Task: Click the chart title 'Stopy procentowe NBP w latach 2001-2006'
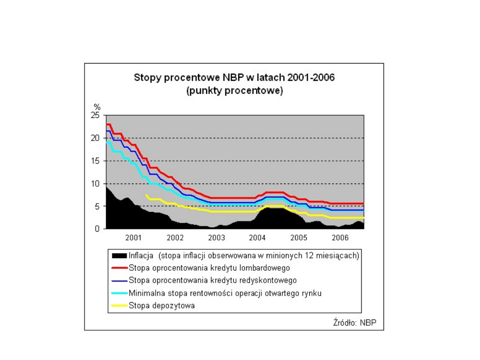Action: (x=234, y=78)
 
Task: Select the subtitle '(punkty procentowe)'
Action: (x=234, y=91)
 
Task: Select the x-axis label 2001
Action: (x=133, y=238)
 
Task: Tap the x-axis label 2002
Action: (x=175, y=238)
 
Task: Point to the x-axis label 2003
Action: (x=216, y=238)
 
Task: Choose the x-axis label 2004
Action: (x=257, y=238)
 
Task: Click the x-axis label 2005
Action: (x=299, y=238)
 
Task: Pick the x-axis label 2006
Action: (x=340, y=238)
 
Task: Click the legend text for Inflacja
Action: (x=244, y=256)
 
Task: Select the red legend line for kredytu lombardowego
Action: (x=120, y=268)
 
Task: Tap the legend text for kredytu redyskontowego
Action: (x=213, y=280)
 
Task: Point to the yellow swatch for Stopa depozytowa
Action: (x=120, y=306)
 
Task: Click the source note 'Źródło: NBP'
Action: (x=355, y=322)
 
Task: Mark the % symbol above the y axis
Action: (x=96, y=107)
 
